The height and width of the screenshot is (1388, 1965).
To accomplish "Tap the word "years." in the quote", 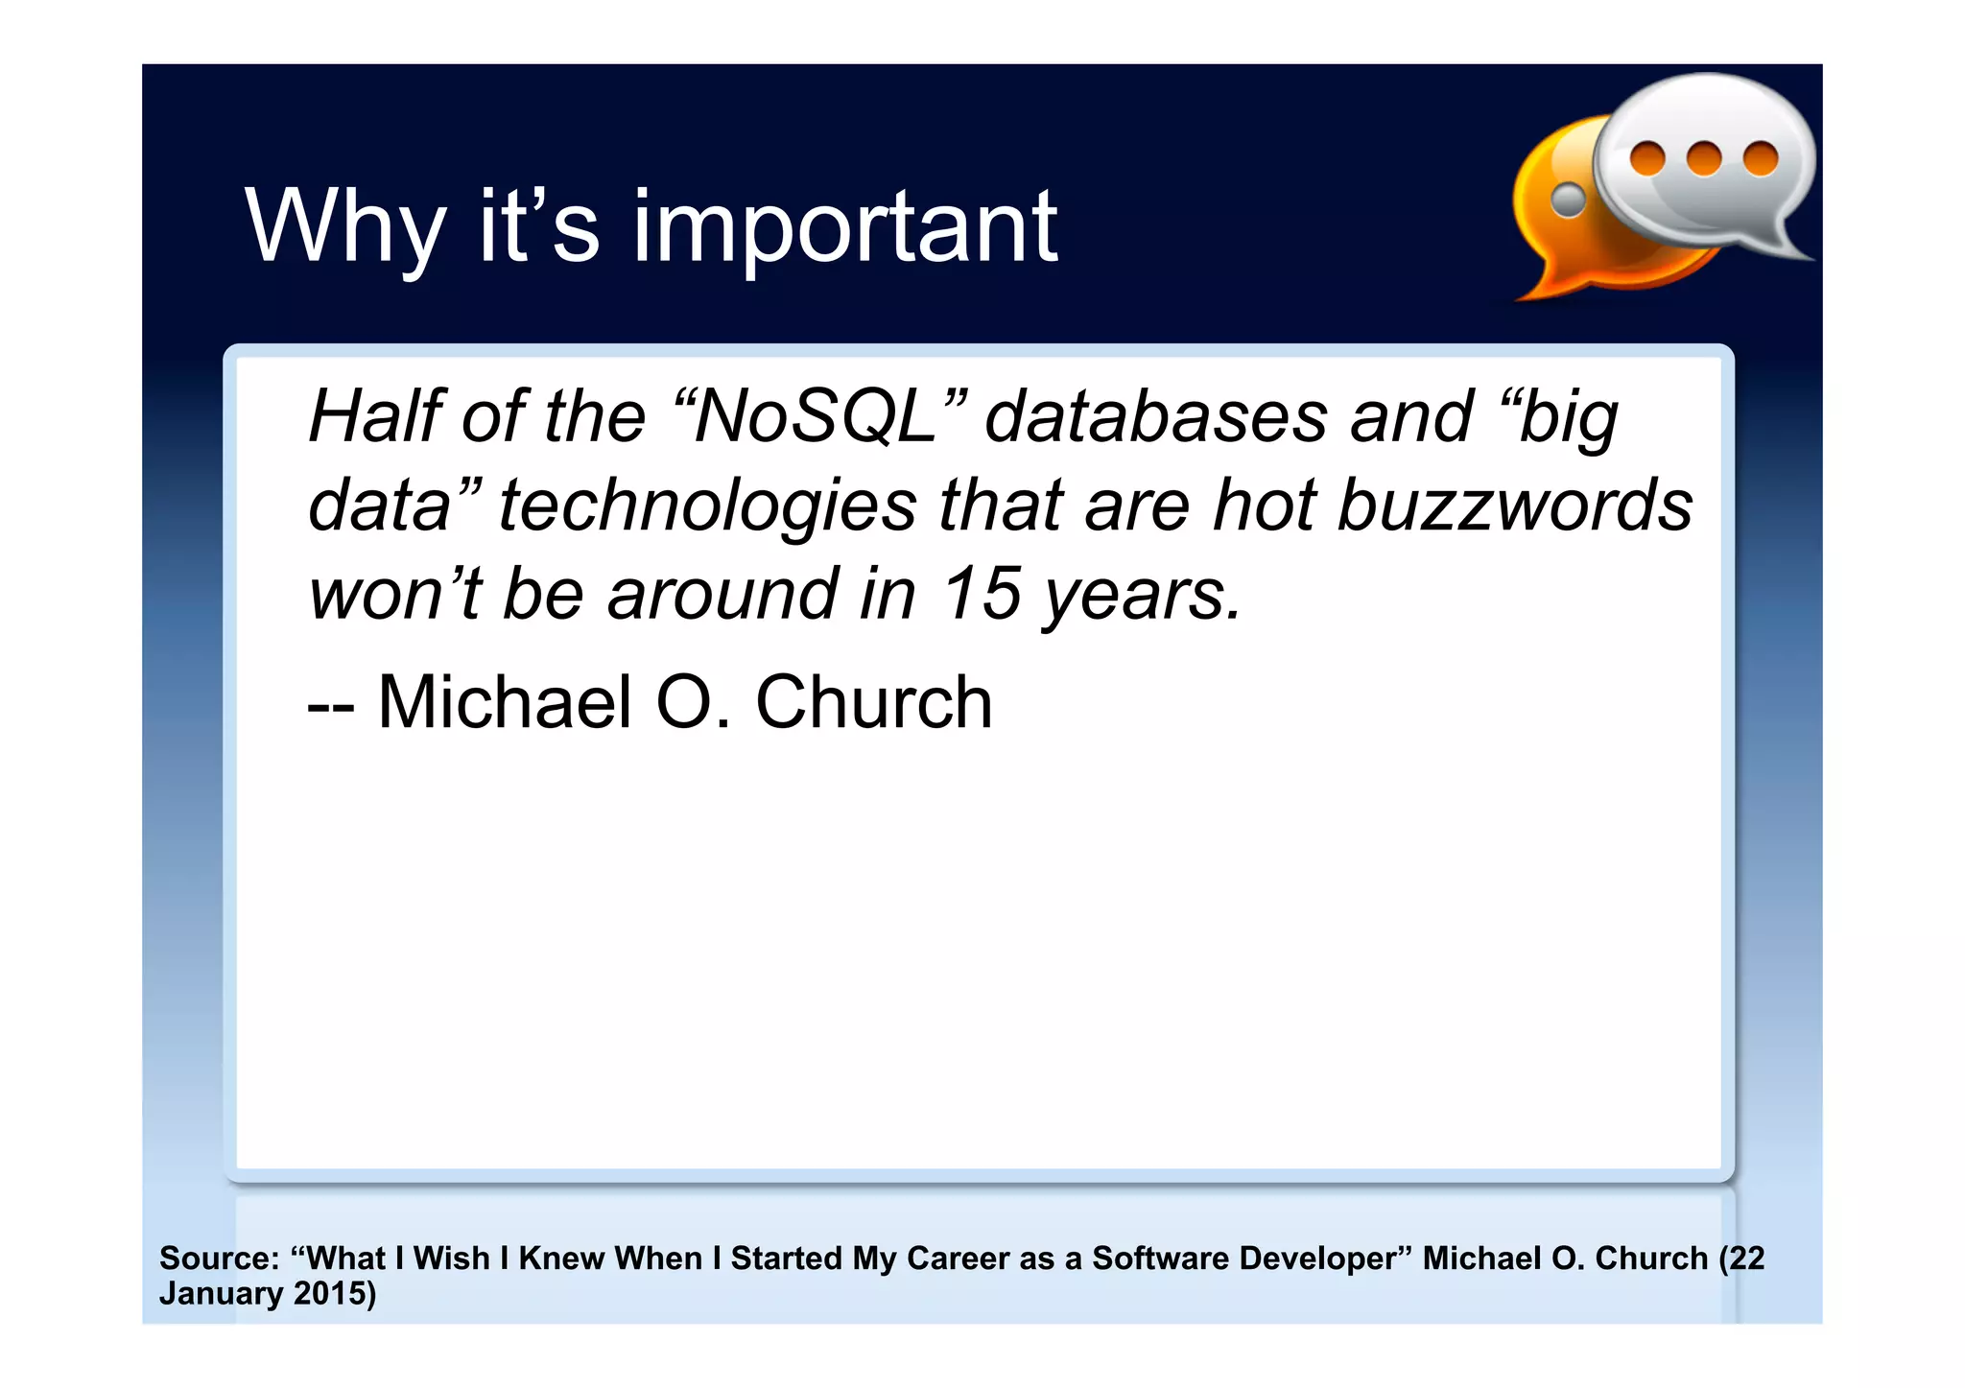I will (1142, 595).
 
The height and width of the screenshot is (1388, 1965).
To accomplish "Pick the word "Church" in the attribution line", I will (873, 702).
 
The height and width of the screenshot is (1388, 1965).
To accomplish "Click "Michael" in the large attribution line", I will (505, 702).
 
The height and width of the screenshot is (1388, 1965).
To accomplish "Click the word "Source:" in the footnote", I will (219, 1258).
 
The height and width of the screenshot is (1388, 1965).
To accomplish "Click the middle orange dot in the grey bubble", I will (1704, 158).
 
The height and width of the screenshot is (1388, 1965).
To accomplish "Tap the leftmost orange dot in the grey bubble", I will (1647, 157).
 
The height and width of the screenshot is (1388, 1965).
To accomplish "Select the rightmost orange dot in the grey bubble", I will (1761, 158).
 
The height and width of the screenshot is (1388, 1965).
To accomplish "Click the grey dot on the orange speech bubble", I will (1569, 200).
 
